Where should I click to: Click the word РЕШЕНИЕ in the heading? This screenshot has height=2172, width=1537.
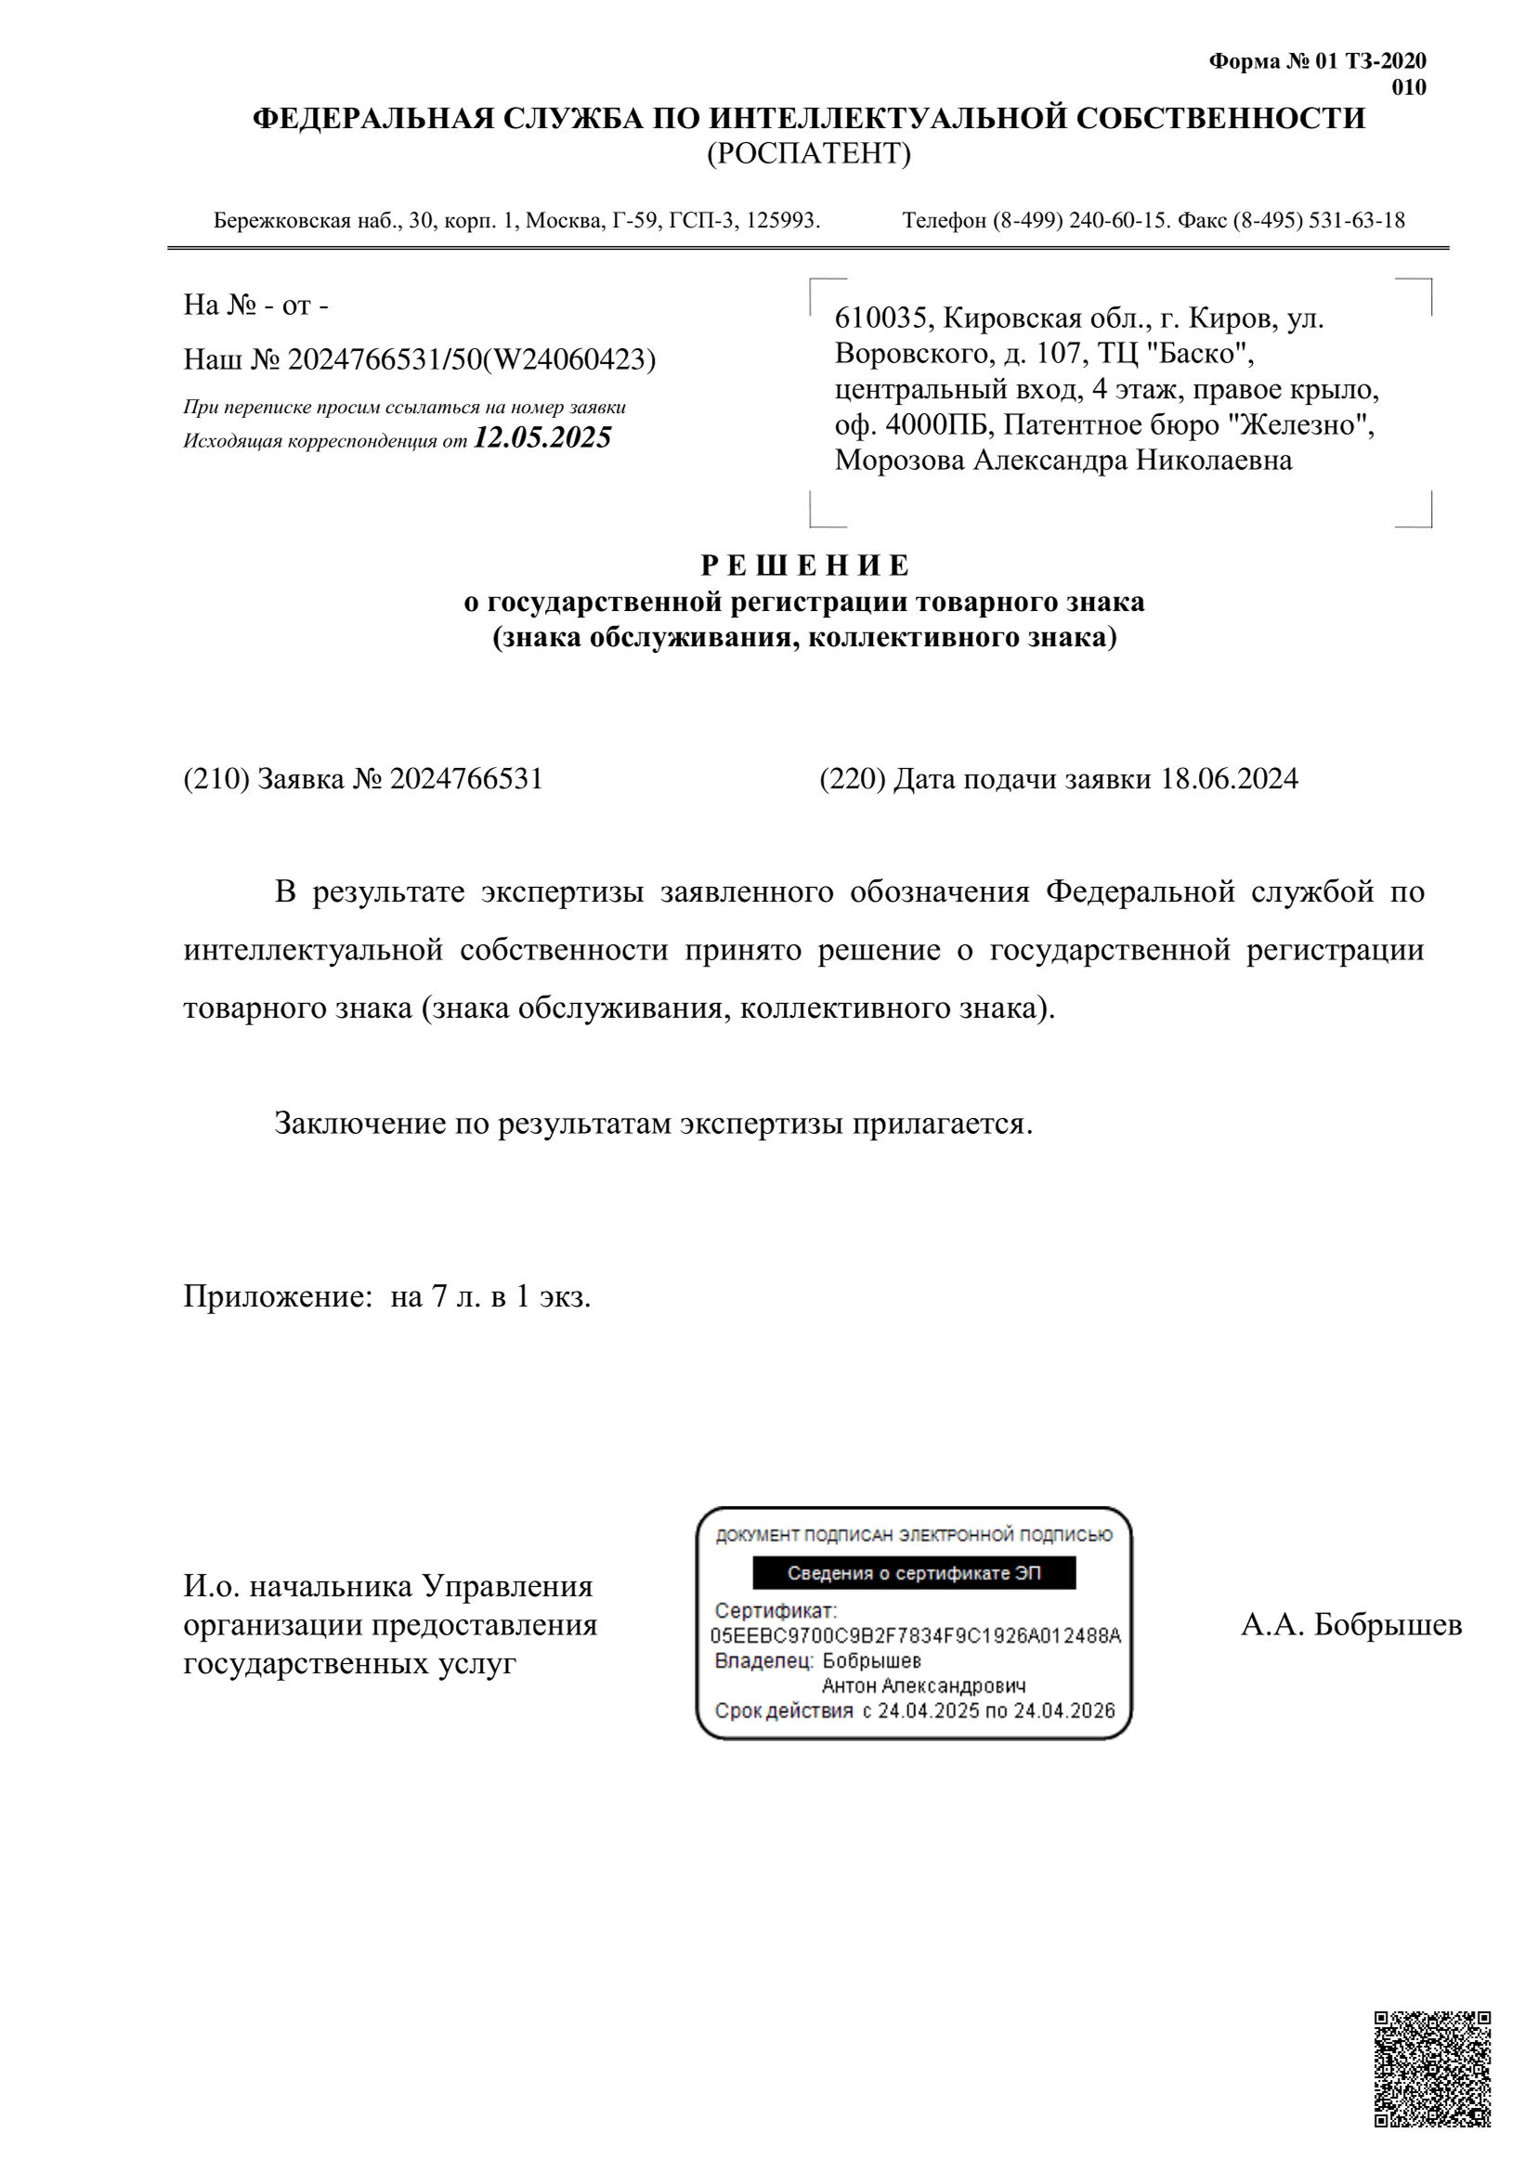(804, 566)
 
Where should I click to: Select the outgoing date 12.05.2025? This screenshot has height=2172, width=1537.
(542, 437)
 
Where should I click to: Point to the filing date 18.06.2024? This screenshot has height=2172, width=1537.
(1230, 779)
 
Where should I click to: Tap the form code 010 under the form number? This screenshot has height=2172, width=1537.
(1408, 88)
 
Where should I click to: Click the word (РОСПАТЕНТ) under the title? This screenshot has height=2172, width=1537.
(808, 153)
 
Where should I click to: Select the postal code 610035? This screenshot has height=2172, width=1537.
(879, 318)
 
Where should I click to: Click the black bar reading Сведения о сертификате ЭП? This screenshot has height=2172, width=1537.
(914, 1573)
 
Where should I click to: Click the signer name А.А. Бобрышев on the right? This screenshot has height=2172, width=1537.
(1350, 1624)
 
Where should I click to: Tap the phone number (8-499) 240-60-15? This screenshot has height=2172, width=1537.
(1079, 220)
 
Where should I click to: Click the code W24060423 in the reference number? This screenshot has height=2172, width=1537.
(568, 359)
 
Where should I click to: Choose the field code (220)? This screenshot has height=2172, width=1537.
(852, 779)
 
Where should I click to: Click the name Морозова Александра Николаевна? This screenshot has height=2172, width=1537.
(1062, 461)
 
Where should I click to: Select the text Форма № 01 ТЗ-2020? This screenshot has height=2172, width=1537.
(1317, 61)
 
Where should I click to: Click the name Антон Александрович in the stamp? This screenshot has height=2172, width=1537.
(923, 1685)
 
